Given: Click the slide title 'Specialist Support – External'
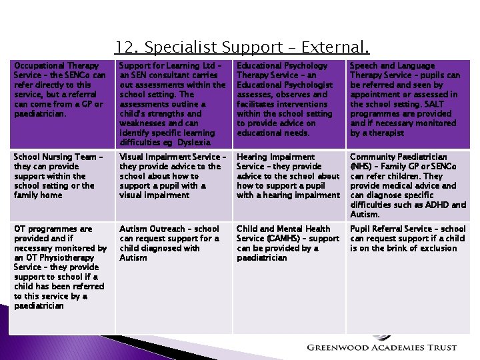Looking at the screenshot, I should click(241, 47).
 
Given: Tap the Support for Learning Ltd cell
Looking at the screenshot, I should click(173, 103).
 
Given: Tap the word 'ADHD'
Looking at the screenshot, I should click(438, 205).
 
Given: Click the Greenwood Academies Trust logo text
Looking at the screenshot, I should click(381, 347).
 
